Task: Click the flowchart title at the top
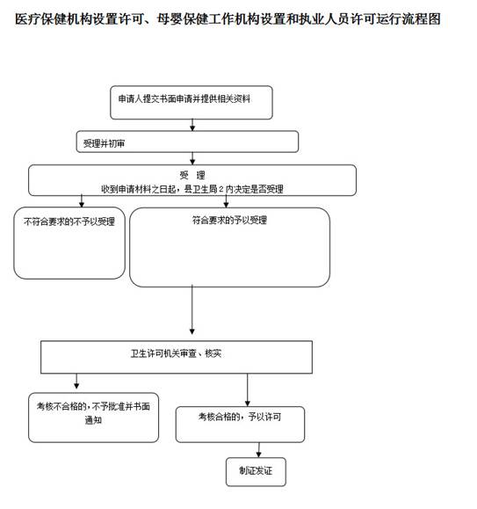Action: pyautogui.click(x=228, y=19)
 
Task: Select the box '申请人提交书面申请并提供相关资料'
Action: pyautogui.click(x=192, y=103)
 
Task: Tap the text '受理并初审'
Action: pyautogui.click(x=104, y=143)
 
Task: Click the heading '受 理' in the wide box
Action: pyautogui.click(x=192, y=175)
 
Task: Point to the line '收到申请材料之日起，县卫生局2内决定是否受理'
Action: pyautogui.click(x=192, y=189)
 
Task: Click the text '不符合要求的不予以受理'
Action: pyautogui.click(x=69, y=222)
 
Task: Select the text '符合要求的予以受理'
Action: pyautogui.click(x=229, y=220)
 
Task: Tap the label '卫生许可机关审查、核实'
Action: pyautogui.click(x=176, y=353)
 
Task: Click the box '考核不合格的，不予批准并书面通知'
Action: pyautogui.click(x=93, y=418)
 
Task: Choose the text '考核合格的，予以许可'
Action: pyautogui.click(x=240, y=417)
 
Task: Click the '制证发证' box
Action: pyautogui.click(x=256, y=472)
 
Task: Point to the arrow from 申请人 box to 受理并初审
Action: pyautogui.click(x=192, y=125)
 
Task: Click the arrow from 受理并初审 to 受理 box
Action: pyautogui.click(x=192, y=158)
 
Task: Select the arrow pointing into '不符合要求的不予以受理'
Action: pyautogui.click(x=82, y=201)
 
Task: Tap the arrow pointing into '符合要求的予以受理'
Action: pyautogui.click(x=226, y=201)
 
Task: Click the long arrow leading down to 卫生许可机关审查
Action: pyautogui.click(x=192, y=309)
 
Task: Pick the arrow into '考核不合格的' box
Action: pyautogui.click(x=76, y=382)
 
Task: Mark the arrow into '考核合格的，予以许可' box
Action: pyautogui.click(x=248, y=389)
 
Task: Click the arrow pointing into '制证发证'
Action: pyautogui.click(x=258, y=450)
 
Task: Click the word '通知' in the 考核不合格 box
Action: pyautogui.click(x=93, y=420)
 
